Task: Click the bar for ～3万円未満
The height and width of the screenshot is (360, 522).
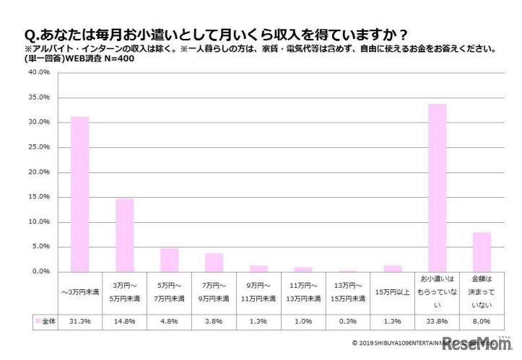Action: click(79, 193)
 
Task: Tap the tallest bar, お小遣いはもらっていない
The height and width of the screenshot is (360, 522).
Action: click(438, 188)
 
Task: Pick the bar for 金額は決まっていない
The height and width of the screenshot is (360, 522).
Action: click(482, 251)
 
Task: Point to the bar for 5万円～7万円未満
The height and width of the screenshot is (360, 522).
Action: click(169, 260)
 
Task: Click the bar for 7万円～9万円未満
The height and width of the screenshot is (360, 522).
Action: click(214, 262)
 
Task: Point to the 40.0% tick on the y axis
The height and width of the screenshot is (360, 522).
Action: click(38, 73)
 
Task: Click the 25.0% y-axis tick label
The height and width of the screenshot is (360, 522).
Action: click(38, 147)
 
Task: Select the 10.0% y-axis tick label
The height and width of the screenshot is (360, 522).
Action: click(38, 221)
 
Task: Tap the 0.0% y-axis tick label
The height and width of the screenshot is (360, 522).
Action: click(40, 271)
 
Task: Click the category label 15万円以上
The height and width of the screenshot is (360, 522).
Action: click(393, 294)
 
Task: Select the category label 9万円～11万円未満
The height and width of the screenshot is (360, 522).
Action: click(258, 294)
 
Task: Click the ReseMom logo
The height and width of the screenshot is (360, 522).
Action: click(477, 343)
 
